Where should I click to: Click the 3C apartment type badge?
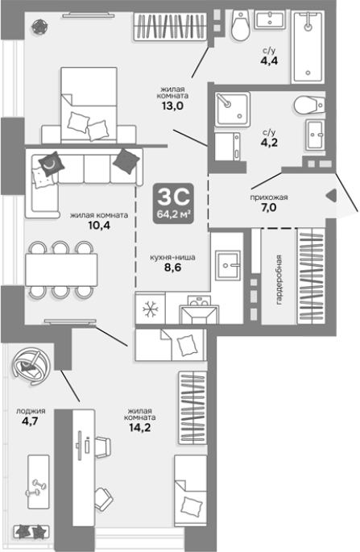coord(173,204)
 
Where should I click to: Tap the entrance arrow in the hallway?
coord(331,196)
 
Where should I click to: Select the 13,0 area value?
coord(172,106)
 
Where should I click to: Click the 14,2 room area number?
coord(139,427)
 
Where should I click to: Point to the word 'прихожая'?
coord(269,197)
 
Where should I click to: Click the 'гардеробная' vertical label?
coord(279,280)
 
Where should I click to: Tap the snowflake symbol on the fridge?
coord(151,309)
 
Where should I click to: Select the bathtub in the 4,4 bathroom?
coord(308,48)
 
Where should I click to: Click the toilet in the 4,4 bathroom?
coord(241,25)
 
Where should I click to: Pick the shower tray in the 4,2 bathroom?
coord(233,110)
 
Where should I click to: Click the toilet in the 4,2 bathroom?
coord(309,105)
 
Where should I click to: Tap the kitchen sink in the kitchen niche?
coord(227,265)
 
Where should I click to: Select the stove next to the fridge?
coord(199,310)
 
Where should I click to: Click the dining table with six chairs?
coord(61,270)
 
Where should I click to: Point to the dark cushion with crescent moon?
coord(52,164)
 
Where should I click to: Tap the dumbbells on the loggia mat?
coord(36,488)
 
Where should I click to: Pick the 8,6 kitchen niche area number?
coord(172,268)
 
